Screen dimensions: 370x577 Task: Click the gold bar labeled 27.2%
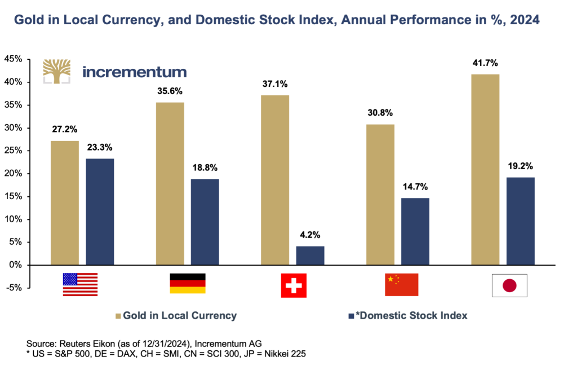(65, 202)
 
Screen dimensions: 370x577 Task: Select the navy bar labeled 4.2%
(310, 256)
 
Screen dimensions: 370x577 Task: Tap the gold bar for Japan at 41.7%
(485, 169)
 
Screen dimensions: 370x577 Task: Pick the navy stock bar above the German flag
(205, 222)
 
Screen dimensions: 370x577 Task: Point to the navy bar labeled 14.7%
(415, 231)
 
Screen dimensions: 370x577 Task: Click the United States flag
(80, 284)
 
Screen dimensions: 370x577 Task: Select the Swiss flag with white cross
(294, 285)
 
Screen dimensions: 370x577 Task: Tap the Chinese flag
(401, 284)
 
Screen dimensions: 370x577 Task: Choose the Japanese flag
(509, 285)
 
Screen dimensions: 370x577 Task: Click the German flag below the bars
(187, 283)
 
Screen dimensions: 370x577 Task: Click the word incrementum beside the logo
(134, 72)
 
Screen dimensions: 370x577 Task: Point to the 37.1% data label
(276, 84)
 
